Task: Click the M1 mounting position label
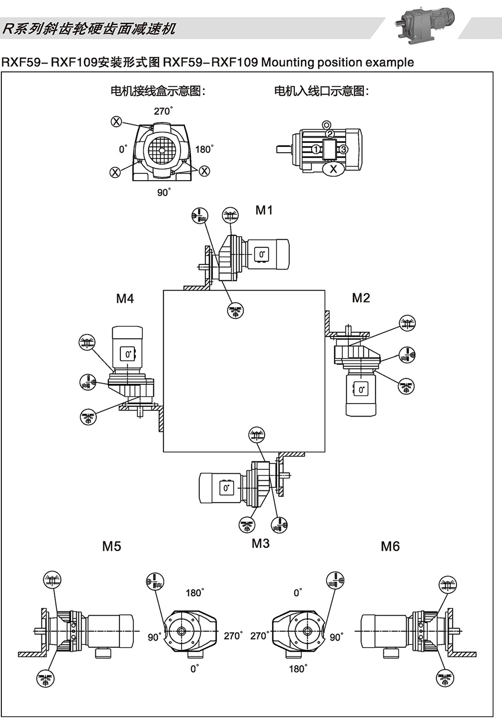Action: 264,210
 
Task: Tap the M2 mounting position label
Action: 361,298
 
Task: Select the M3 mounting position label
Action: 261,543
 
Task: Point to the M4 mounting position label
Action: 125,299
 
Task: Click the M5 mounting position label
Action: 112,546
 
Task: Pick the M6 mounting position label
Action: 390,546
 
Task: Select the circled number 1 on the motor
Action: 316,149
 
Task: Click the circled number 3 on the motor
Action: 344,149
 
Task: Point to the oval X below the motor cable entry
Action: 334,169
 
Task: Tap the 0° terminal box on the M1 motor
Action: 261,255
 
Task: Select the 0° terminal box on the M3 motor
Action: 226,488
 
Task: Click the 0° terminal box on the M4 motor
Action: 128,354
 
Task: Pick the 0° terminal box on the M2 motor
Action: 361,389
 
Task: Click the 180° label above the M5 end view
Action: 194,592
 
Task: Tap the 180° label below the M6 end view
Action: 298,669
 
